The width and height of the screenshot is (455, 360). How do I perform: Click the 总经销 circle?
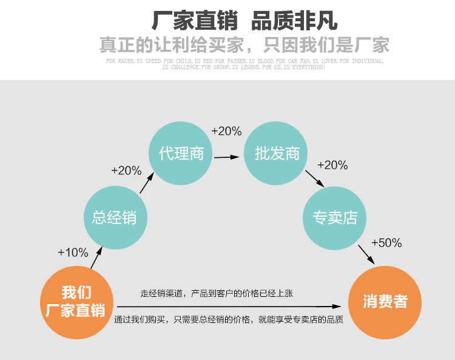[114, 216]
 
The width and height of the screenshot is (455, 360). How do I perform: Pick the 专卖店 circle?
[335, 217]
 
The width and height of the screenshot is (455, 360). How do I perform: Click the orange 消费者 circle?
[385, 302]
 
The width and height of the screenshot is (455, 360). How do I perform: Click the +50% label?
[386, 243]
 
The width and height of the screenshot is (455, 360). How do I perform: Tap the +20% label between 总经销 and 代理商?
[126, 171]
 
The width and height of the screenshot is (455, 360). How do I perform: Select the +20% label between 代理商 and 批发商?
[226, 131]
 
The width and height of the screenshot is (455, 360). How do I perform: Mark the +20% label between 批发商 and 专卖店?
[332, 165]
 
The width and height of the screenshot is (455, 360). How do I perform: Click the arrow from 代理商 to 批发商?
[226, 157]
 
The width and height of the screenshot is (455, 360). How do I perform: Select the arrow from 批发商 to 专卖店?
[314, 178]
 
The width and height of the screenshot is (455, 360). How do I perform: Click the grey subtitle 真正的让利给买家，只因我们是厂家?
[244, 45]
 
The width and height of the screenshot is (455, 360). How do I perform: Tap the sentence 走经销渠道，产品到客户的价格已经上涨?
[217, 294]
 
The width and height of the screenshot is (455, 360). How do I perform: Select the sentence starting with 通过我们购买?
[229, 319]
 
